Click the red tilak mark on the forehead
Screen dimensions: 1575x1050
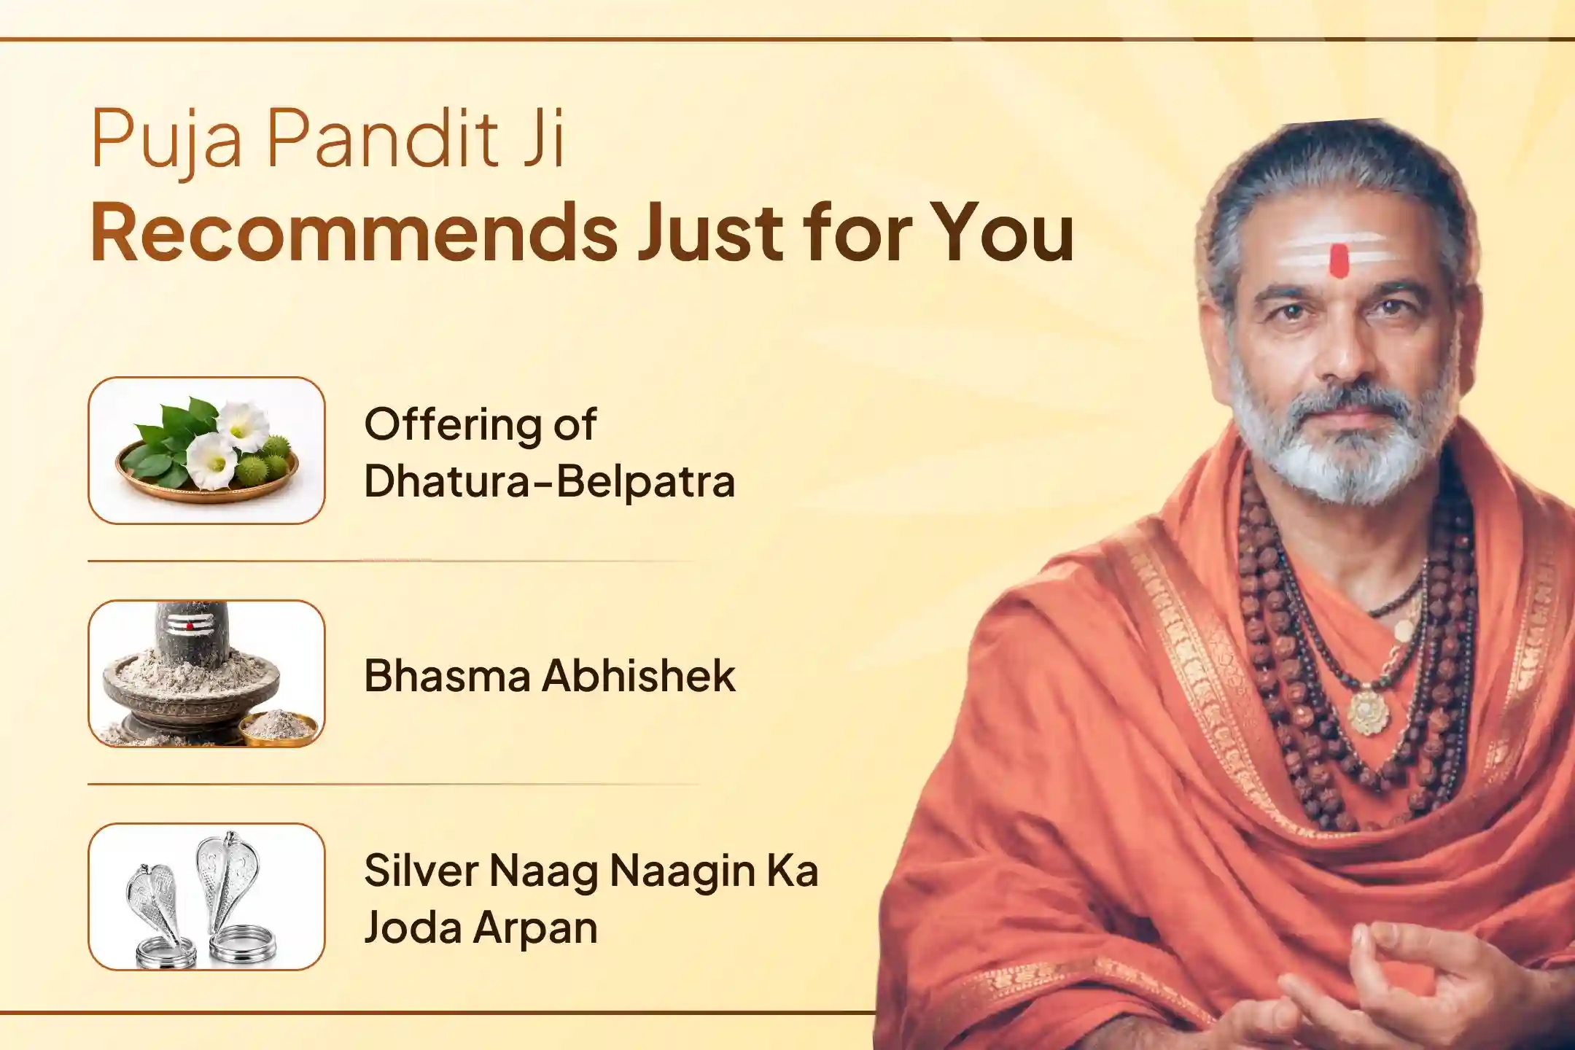[1339, 261]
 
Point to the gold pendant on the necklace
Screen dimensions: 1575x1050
[1368, 710]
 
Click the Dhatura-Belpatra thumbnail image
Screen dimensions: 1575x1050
[206, 450]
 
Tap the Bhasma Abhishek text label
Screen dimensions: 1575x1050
[549, 675]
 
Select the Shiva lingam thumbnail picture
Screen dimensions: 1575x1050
[206, 674]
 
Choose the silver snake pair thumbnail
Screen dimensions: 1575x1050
[206, 897]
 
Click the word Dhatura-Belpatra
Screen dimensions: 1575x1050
[550, 481]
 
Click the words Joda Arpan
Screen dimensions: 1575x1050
[481, 928]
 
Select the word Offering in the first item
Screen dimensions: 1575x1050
[452, 424]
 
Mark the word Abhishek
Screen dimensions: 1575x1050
[638, 675]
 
